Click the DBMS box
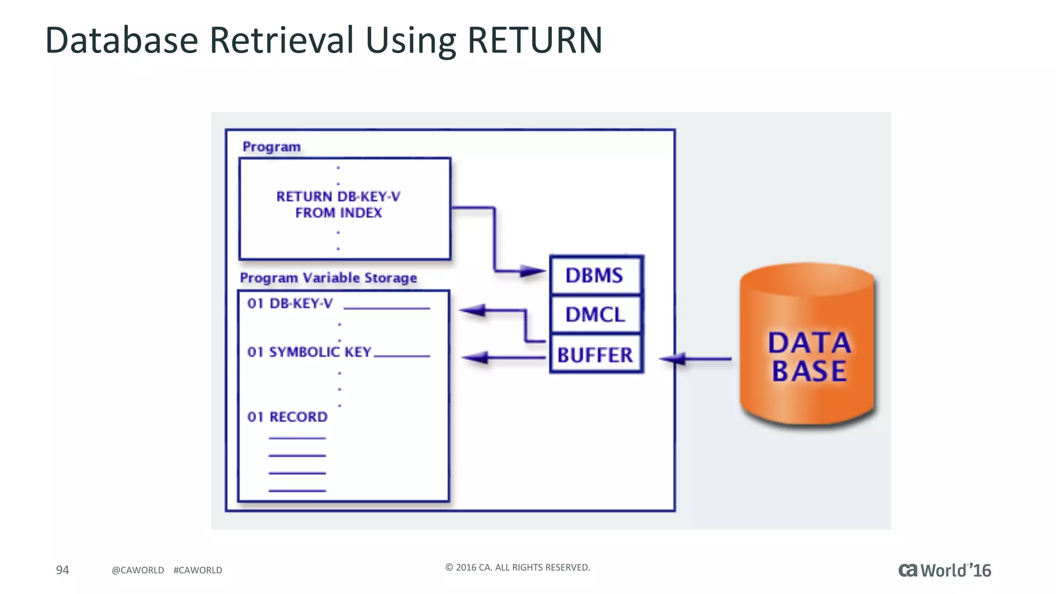tap(596, 275)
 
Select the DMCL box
tap(596, 315)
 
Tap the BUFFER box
tap(596, 355)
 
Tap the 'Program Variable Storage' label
tap(328, 278)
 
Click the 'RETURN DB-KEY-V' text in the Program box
tap(338, 196)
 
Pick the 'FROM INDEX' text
tap(339, 213)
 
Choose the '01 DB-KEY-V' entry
tap(290, 304)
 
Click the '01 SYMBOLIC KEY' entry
tap(309, 352)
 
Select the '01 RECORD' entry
tap(288, 417)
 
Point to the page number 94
tap(62, 570)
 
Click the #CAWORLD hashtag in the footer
tap(198, 570)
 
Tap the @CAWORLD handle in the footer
tap(138, 570)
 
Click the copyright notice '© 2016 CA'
tap(517, 567)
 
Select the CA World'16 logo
tap(945, 570)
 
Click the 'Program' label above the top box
tap(272, 147)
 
